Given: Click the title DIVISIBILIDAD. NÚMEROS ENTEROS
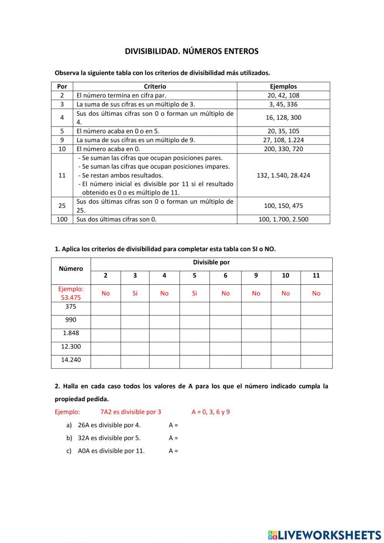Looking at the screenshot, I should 192,51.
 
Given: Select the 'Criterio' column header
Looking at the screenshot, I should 155,86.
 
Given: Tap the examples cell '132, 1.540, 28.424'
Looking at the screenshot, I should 283,175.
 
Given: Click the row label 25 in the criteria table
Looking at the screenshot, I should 62,206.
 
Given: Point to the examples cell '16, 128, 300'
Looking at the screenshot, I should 283,118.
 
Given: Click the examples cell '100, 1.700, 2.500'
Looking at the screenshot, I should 283,219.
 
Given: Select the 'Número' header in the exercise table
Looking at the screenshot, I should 71,269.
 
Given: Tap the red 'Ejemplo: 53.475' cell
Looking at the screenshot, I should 71,293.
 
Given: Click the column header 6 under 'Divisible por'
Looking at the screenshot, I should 225,276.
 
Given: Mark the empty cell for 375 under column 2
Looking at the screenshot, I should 106,309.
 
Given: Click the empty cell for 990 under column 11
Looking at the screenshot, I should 316,322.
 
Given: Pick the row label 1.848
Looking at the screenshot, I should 71,333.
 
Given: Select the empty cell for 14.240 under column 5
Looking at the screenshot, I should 194,362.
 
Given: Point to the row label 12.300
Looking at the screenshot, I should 71,347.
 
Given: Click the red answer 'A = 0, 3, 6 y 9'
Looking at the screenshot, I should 210,412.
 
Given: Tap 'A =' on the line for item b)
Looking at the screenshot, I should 173,438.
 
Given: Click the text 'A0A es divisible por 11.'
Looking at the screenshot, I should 111,451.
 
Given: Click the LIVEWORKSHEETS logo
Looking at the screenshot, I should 324,535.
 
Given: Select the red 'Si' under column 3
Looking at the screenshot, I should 135,294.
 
